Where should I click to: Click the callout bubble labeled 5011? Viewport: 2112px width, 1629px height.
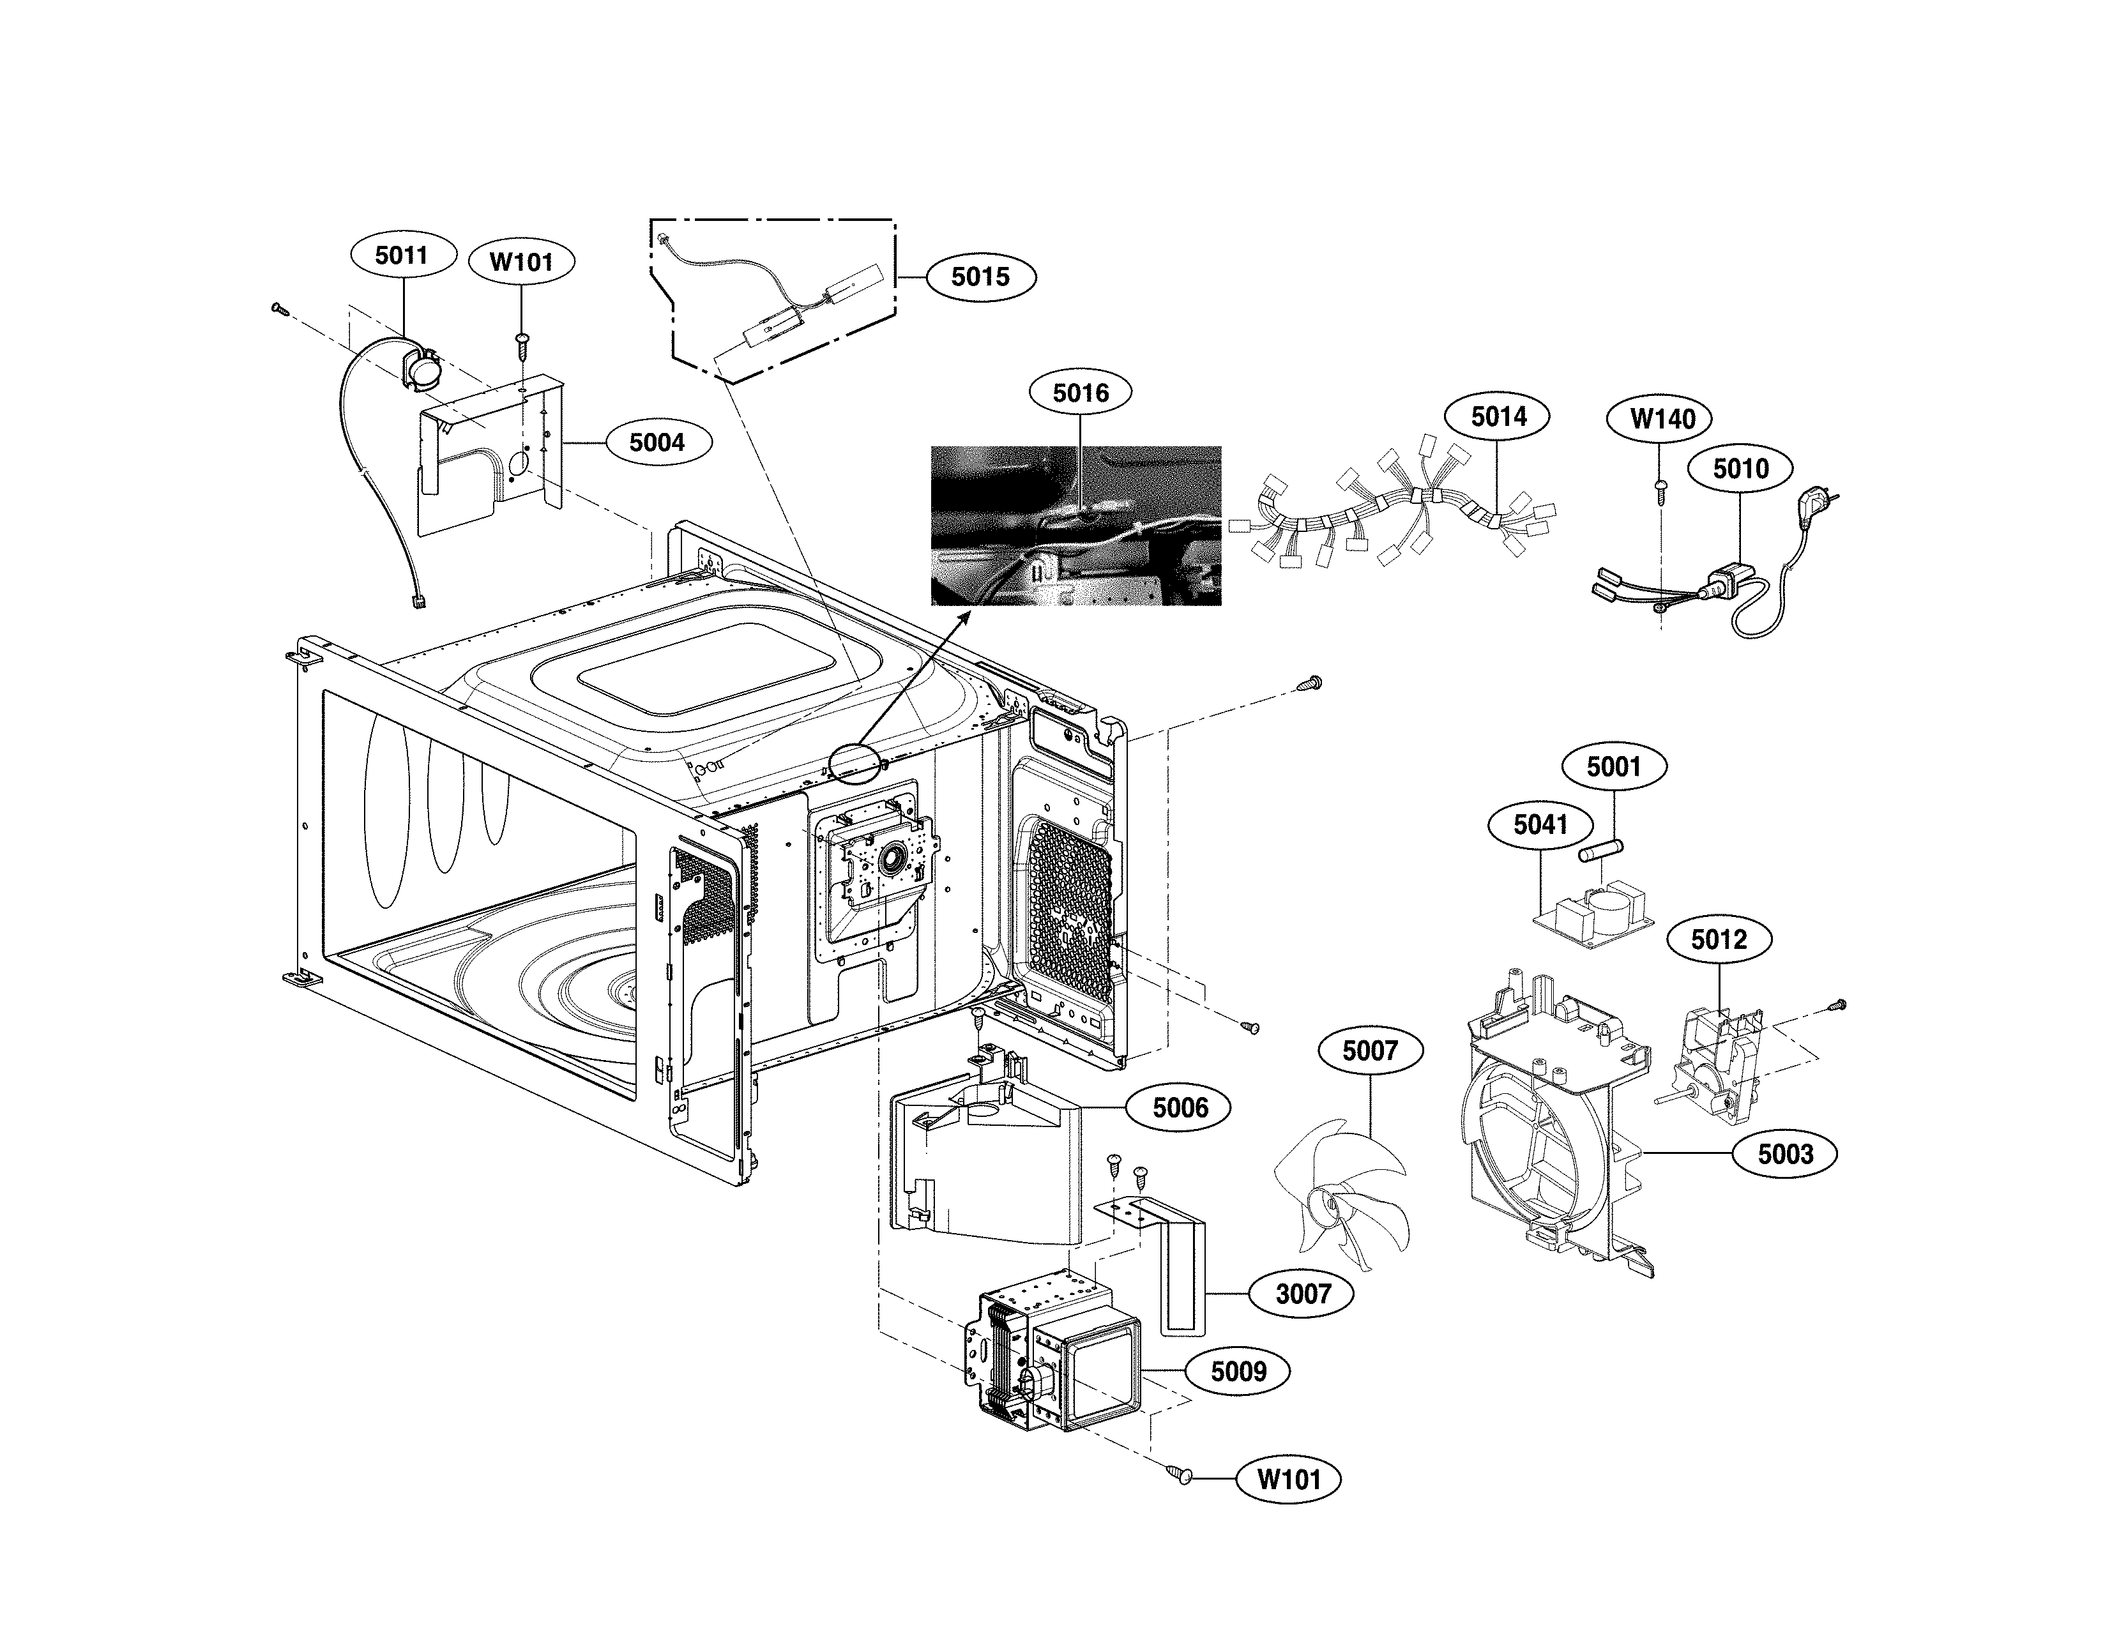(x=401, y=255)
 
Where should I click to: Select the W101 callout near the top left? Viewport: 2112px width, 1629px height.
(x=521, y=262)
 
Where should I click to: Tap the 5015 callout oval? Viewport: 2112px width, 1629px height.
(x=980, y=278)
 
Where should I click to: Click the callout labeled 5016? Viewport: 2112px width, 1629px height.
(x=1080, y=393)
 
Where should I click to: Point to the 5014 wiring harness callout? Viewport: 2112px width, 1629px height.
(x=1498, y=417)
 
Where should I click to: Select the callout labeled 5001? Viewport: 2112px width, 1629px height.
(x=1614, y=767)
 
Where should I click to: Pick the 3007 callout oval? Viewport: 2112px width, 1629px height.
(x=1303, y=1294)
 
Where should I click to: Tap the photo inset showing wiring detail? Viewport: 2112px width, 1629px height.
(x=1075, y=526)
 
